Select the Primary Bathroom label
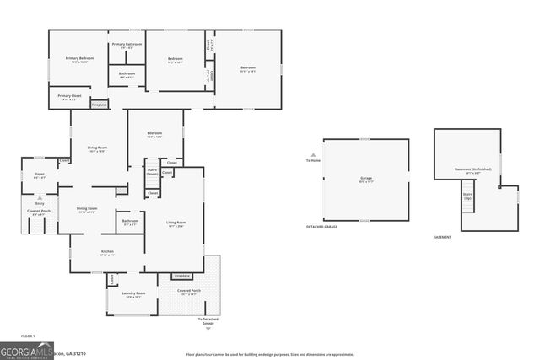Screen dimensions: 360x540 pos(127,46)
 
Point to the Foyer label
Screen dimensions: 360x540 pos(39,176)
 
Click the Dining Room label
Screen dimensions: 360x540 pos(88,210)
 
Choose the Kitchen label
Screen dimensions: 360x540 pos(107,251)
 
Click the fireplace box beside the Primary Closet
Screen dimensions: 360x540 pos(99,105)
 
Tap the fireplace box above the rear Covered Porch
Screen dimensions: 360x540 pos(181,276)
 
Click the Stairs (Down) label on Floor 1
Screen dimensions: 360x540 pos(153,171)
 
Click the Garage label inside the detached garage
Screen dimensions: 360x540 pos(366,179)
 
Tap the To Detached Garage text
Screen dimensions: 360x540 pos(207,321)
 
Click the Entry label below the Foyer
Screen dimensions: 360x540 pos(39,203)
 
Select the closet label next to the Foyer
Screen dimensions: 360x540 pos(63,160)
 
